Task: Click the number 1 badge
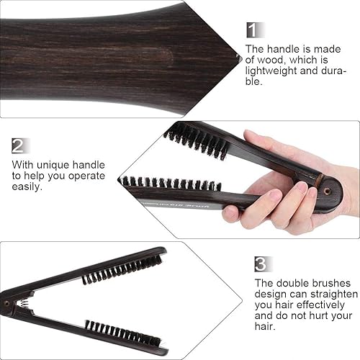pyautogui.click(x=251, y=30)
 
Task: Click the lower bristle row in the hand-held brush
pyautogui.click(x=170, y=183)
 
